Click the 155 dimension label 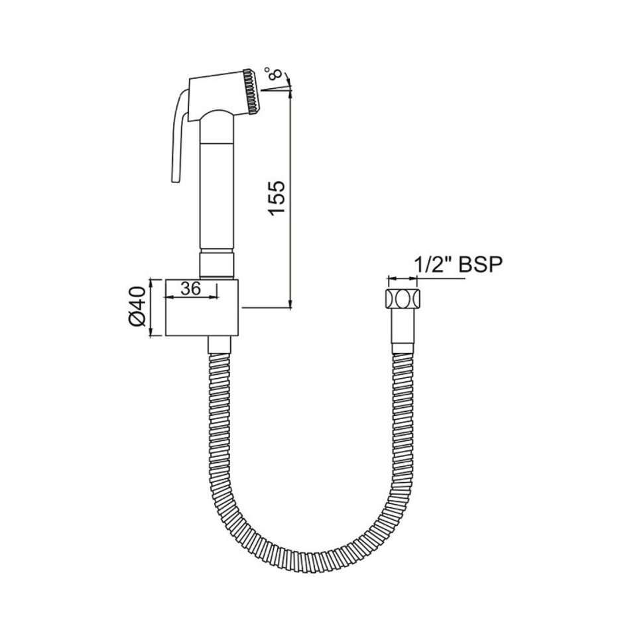pos(277,199)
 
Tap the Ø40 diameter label pos(137,306)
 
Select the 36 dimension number pos(190,288)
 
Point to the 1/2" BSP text pos(458,265)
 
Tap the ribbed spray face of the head pos(252,92)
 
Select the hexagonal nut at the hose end pos(403,298)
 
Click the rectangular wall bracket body pos(202,307)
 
